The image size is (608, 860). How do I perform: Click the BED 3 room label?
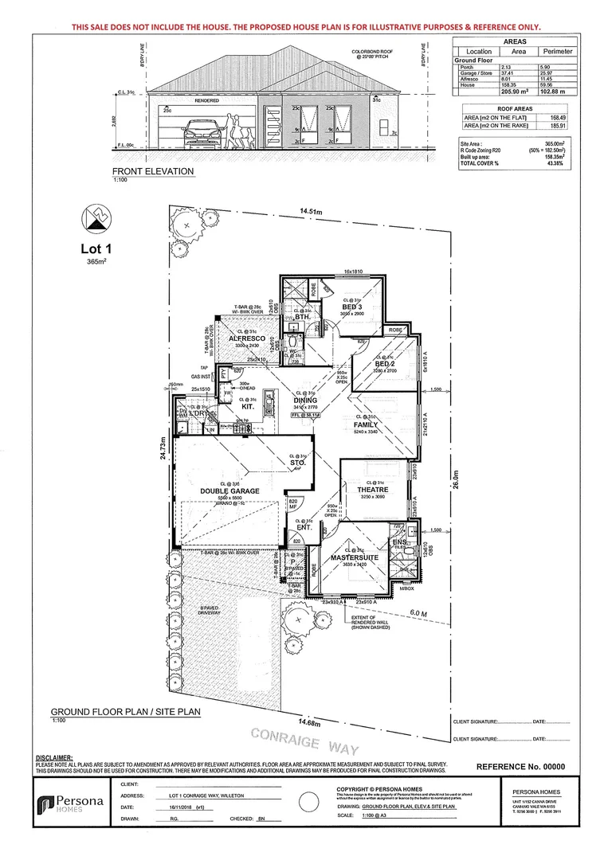(x=353, y=307)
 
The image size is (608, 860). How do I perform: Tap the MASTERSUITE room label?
(x=359, y=557)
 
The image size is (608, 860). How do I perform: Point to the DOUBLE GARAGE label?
(x=229, y=491)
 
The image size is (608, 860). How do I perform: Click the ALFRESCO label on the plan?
(x=247, y=338)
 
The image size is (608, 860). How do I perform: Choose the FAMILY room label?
(x=366, y=424)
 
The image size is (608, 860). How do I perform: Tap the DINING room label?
(x=305, y=401)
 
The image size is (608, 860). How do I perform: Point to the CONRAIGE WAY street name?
(x=305, y=742)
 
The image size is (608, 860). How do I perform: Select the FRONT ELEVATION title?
(x=152, y=171)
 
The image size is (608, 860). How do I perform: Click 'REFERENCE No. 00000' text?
(x=520, y=766)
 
